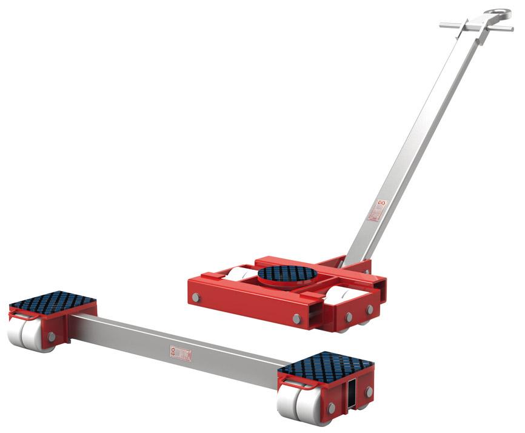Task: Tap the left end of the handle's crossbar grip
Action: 443,25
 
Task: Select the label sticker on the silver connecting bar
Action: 181,353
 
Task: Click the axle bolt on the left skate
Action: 51,336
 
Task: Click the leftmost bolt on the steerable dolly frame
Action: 196,298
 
